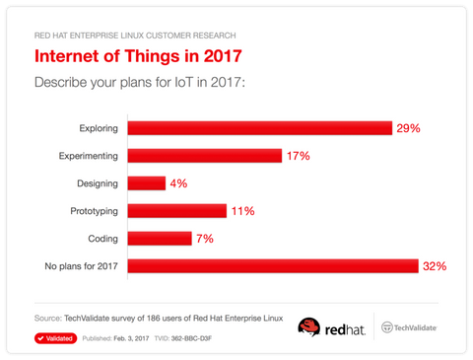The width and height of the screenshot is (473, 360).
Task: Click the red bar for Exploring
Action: click(x=260, y=128)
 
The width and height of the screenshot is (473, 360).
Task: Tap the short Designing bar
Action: click(x=147, y=182)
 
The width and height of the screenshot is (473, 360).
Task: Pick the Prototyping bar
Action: click(x=178, y=210)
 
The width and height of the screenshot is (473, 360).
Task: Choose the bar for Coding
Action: click(x=160, y=238)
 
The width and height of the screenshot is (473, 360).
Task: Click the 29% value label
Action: click(x=408, y=128)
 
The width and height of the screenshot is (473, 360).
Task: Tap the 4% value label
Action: click(x=178, y=182)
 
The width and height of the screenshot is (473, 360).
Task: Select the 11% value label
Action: click(x=242, y=210)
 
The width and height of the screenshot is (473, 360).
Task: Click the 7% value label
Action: click(x=205, y=238)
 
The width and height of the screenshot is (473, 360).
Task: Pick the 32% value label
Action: click(x=435, y=265)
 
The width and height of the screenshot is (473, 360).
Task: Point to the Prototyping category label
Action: click(x=92, y=210)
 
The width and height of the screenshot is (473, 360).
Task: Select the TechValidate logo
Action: click(x=409, y=327)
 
